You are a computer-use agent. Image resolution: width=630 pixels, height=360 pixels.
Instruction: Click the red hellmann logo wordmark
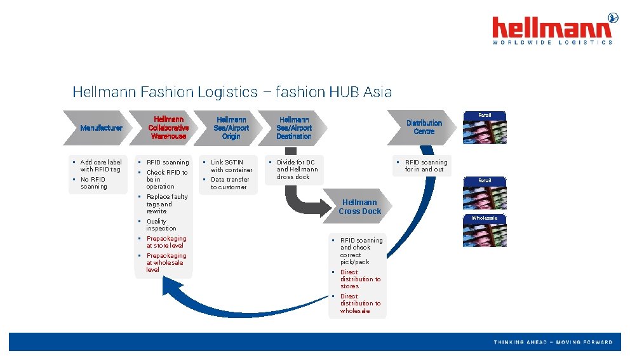point(551,28)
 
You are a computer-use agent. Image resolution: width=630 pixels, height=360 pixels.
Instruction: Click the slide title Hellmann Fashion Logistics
point(232,91)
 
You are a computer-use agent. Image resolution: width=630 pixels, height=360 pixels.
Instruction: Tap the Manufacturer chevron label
point(101,128)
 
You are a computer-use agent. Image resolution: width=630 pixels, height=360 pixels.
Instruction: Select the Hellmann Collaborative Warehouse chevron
point(168,128)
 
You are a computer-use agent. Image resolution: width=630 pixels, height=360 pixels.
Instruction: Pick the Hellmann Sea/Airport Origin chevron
point(231,128)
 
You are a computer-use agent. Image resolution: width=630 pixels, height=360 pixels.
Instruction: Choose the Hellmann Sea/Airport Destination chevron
point(293,128)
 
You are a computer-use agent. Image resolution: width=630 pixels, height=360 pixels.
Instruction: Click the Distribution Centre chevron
point(424,127)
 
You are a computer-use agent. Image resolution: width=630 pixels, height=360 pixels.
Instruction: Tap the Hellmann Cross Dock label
point(359,207)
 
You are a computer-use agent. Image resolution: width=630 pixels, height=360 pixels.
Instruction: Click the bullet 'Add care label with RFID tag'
point(100,166)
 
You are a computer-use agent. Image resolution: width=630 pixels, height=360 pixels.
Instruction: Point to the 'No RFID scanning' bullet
point(94,183)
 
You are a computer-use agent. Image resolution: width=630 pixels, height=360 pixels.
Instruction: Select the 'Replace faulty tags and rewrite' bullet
point(166,204)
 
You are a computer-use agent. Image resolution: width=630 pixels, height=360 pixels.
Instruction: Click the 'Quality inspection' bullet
point(161,225)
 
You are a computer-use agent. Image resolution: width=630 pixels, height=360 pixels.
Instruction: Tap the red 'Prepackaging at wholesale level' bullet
point(166,262)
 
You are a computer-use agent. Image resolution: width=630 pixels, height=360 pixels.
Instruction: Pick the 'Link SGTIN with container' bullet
point(231,166)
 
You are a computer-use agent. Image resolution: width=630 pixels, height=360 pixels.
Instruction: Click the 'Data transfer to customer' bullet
point(229,183)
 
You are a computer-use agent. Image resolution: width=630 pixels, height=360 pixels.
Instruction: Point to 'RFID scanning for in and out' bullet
point(426,166)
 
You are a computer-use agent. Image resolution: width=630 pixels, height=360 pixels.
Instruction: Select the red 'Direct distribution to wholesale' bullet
point(359,303)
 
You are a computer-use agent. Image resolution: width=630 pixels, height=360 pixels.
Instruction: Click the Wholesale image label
point(484,218)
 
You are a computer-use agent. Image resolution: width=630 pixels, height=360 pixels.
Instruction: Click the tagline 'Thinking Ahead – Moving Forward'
point(553,342)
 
